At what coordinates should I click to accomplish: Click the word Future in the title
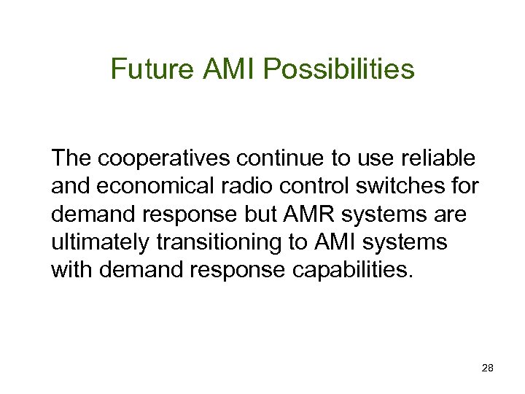pos(151,70)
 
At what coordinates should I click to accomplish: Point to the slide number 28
pos(488,369)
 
